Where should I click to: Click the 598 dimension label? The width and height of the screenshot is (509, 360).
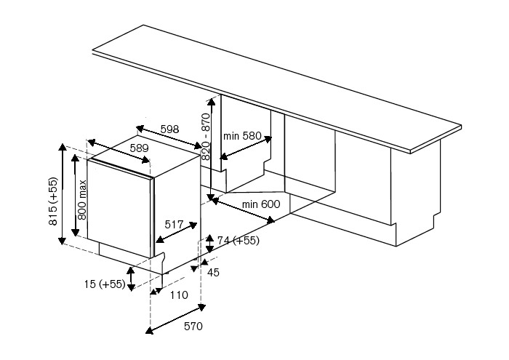click(169, 129)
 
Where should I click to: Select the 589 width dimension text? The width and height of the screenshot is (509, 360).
click(139, 148)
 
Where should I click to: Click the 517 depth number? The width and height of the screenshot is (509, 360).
click(173, 225)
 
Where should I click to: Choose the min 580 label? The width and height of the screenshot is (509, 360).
click(241, 135)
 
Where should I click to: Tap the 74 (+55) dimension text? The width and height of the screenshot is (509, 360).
click(238, 241)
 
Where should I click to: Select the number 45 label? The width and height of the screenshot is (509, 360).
click(214, 273)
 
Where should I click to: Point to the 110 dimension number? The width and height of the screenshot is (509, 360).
click(178, 295)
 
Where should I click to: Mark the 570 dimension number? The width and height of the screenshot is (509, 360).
click(193, 326)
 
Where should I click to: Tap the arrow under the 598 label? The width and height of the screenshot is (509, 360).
click(169, 140)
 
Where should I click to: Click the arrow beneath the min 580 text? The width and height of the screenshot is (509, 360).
click(247, 148)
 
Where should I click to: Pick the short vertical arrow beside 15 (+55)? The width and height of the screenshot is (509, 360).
click(131, 279)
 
